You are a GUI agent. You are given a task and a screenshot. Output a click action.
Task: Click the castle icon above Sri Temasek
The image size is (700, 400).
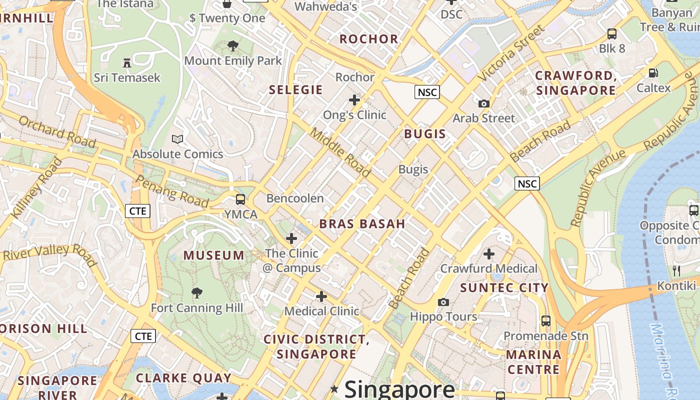(x=127, y=62)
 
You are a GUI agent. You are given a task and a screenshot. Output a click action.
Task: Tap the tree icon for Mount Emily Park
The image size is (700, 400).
(x=232, y=46)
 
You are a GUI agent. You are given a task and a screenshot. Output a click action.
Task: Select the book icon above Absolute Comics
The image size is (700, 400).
(x=177, y=138)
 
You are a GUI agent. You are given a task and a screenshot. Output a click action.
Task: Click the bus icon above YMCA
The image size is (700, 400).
(x=240, y=199)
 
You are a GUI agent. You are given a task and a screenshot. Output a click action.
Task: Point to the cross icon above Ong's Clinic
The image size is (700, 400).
(x=354, y=100)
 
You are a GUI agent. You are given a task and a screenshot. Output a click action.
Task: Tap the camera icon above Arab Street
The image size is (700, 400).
(x=483, y=103)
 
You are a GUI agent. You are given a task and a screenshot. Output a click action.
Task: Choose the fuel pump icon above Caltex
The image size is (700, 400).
(x=653, y=73)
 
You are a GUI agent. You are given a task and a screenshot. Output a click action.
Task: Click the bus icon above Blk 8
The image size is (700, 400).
(x=612, y=34)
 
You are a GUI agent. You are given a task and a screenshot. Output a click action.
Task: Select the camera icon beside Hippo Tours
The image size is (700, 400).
(x=443, y=302)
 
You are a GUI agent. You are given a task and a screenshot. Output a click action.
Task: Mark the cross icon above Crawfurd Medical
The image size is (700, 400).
(x=488, y=254)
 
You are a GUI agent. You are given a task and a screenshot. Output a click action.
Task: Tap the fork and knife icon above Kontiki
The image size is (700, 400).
(x=676, y=271)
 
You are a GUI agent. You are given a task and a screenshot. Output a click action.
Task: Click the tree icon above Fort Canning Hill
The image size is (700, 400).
(x=197, y=292)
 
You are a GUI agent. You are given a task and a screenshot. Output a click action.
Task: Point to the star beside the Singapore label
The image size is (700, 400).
(x=334, y=388)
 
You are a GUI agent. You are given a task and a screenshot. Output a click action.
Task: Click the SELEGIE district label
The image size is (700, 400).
(x=296, y=89)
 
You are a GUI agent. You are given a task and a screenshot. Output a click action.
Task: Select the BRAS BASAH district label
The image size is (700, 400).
(x=362, y=223)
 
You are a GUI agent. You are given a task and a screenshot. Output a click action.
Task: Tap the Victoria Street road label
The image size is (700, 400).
(x=510, y=54)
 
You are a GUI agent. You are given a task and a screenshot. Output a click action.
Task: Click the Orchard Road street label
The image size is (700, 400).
(x=57, y=131)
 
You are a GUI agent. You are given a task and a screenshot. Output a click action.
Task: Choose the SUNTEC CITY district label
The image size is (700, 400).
(x=504, y=287)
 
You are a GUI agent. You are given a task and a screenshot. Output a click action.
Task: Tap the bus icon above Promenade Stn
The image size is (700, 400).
(x=546, y=320)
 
